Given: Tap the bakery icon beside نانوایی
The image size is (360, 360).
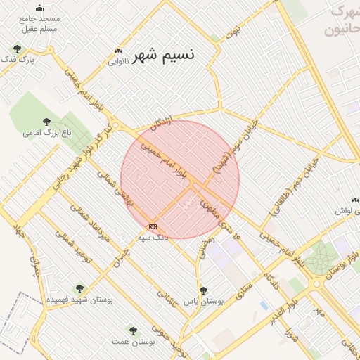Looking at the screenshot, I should [x=118, y=51].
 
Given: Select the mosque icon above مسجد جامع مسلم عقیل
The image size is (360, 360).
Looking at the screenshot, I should [x=39, y=8].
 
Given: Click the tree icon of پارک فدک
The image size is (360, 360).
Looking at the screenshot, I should [x=17, y=49].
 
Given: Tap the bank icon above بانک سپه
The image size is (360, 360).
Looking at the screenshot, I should [x=153, y=226].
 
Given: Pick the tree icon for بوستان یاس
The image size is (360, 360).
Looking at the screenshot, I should [x=203, y=290].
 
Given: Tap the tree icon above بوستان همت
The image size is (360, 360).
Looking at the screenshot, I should [x=131, y=329].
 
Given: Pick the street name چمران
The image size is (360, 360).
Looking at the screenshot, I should [x=121, y=256].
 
